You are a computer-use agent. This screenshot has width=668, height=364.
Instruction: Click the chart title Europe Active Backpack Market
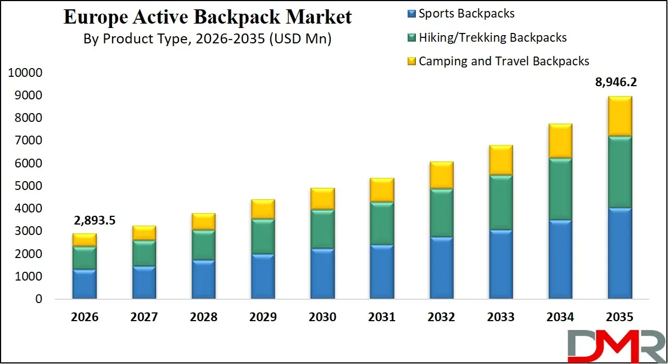coord(208,16)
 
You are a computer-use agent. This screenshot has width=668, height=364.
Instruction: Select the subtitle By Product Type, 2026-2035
coord(207,39)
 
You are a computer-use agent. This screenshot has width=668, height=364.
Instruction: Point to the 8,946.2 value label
coord(615,83)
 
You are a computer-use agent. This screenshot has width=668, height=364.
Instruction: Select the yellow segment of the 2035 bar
coord(615,116)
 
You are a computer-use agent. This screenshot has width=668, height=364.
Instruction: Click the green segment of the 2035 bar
coord(615,172)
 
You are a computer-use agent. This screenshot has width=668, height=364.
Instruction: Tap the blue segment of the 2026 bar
coord(84,284)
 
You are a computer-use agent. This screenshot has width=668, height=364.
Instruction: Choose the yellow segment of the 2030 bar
coord(322,199)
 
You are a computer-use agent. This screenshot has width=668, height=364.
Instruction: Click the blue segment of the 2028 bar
coord(203,279)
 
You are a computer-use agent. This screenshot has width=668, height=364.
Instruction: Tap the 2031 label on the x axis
coord(381,317)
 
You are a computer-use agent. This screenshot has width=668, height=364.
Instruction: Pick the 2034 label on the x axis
coord(560,317)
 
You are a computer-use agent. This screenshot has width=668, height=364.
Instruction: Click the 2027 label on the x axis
coord(143,317)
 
